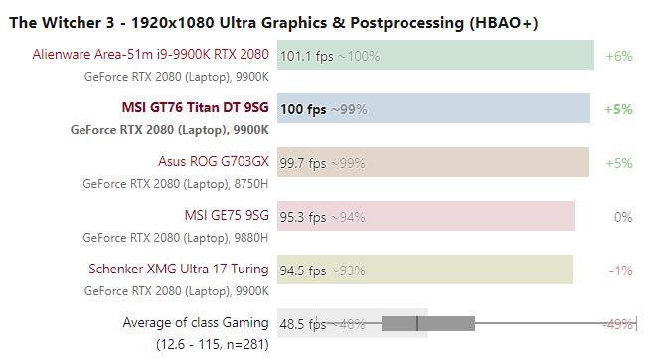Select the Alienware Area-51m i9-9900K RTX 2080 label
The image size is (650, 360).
150,55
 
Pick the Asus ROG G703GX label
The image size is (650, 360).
213,162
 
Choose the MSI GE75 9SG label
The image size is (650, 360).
226,216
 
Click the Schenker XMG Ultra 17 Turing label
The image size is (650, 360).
179,270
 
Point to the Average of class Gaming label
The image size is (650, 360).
195,323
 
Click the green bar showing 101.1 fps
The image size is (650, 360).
435,56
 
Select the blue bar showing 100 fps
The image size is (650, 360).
433,109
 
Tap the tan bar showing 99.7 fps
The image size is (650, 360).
432,163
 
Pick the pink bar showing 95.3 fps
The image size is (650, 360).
425,217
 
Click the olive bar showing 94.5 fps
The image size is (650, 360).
424,270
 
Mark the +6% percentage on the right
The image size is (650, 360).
618,56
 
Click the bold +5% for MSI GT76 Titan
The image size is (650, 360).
618,109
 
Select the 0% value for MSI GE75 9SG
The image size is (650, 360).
623,217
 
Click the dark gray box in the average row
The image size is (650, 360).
427,323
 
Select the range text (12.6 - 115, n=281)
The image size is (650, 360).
212,344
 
